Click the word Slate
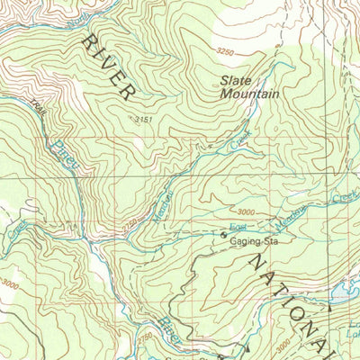tap(238, 79)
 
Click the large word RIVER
tap(110, 67)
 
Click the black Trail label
tap(36, 112)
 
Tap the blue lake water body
tap(346, 290)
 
